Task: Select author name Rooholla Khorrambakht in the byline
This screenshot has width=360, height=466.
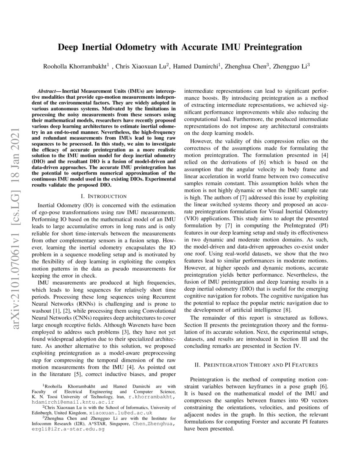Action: coord(75,66)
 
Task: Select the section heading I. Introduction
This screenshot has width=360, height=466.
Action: coord(103,197)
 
